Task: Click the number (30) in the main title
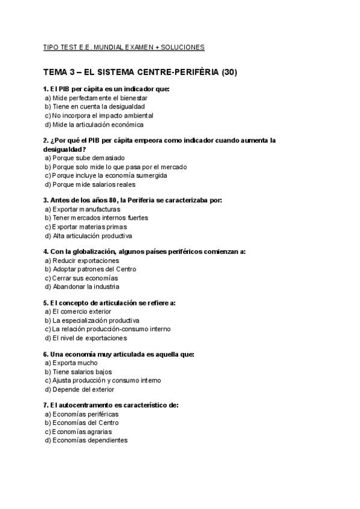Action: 229,73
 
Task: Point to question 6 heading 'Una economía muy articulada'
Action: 118,354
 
